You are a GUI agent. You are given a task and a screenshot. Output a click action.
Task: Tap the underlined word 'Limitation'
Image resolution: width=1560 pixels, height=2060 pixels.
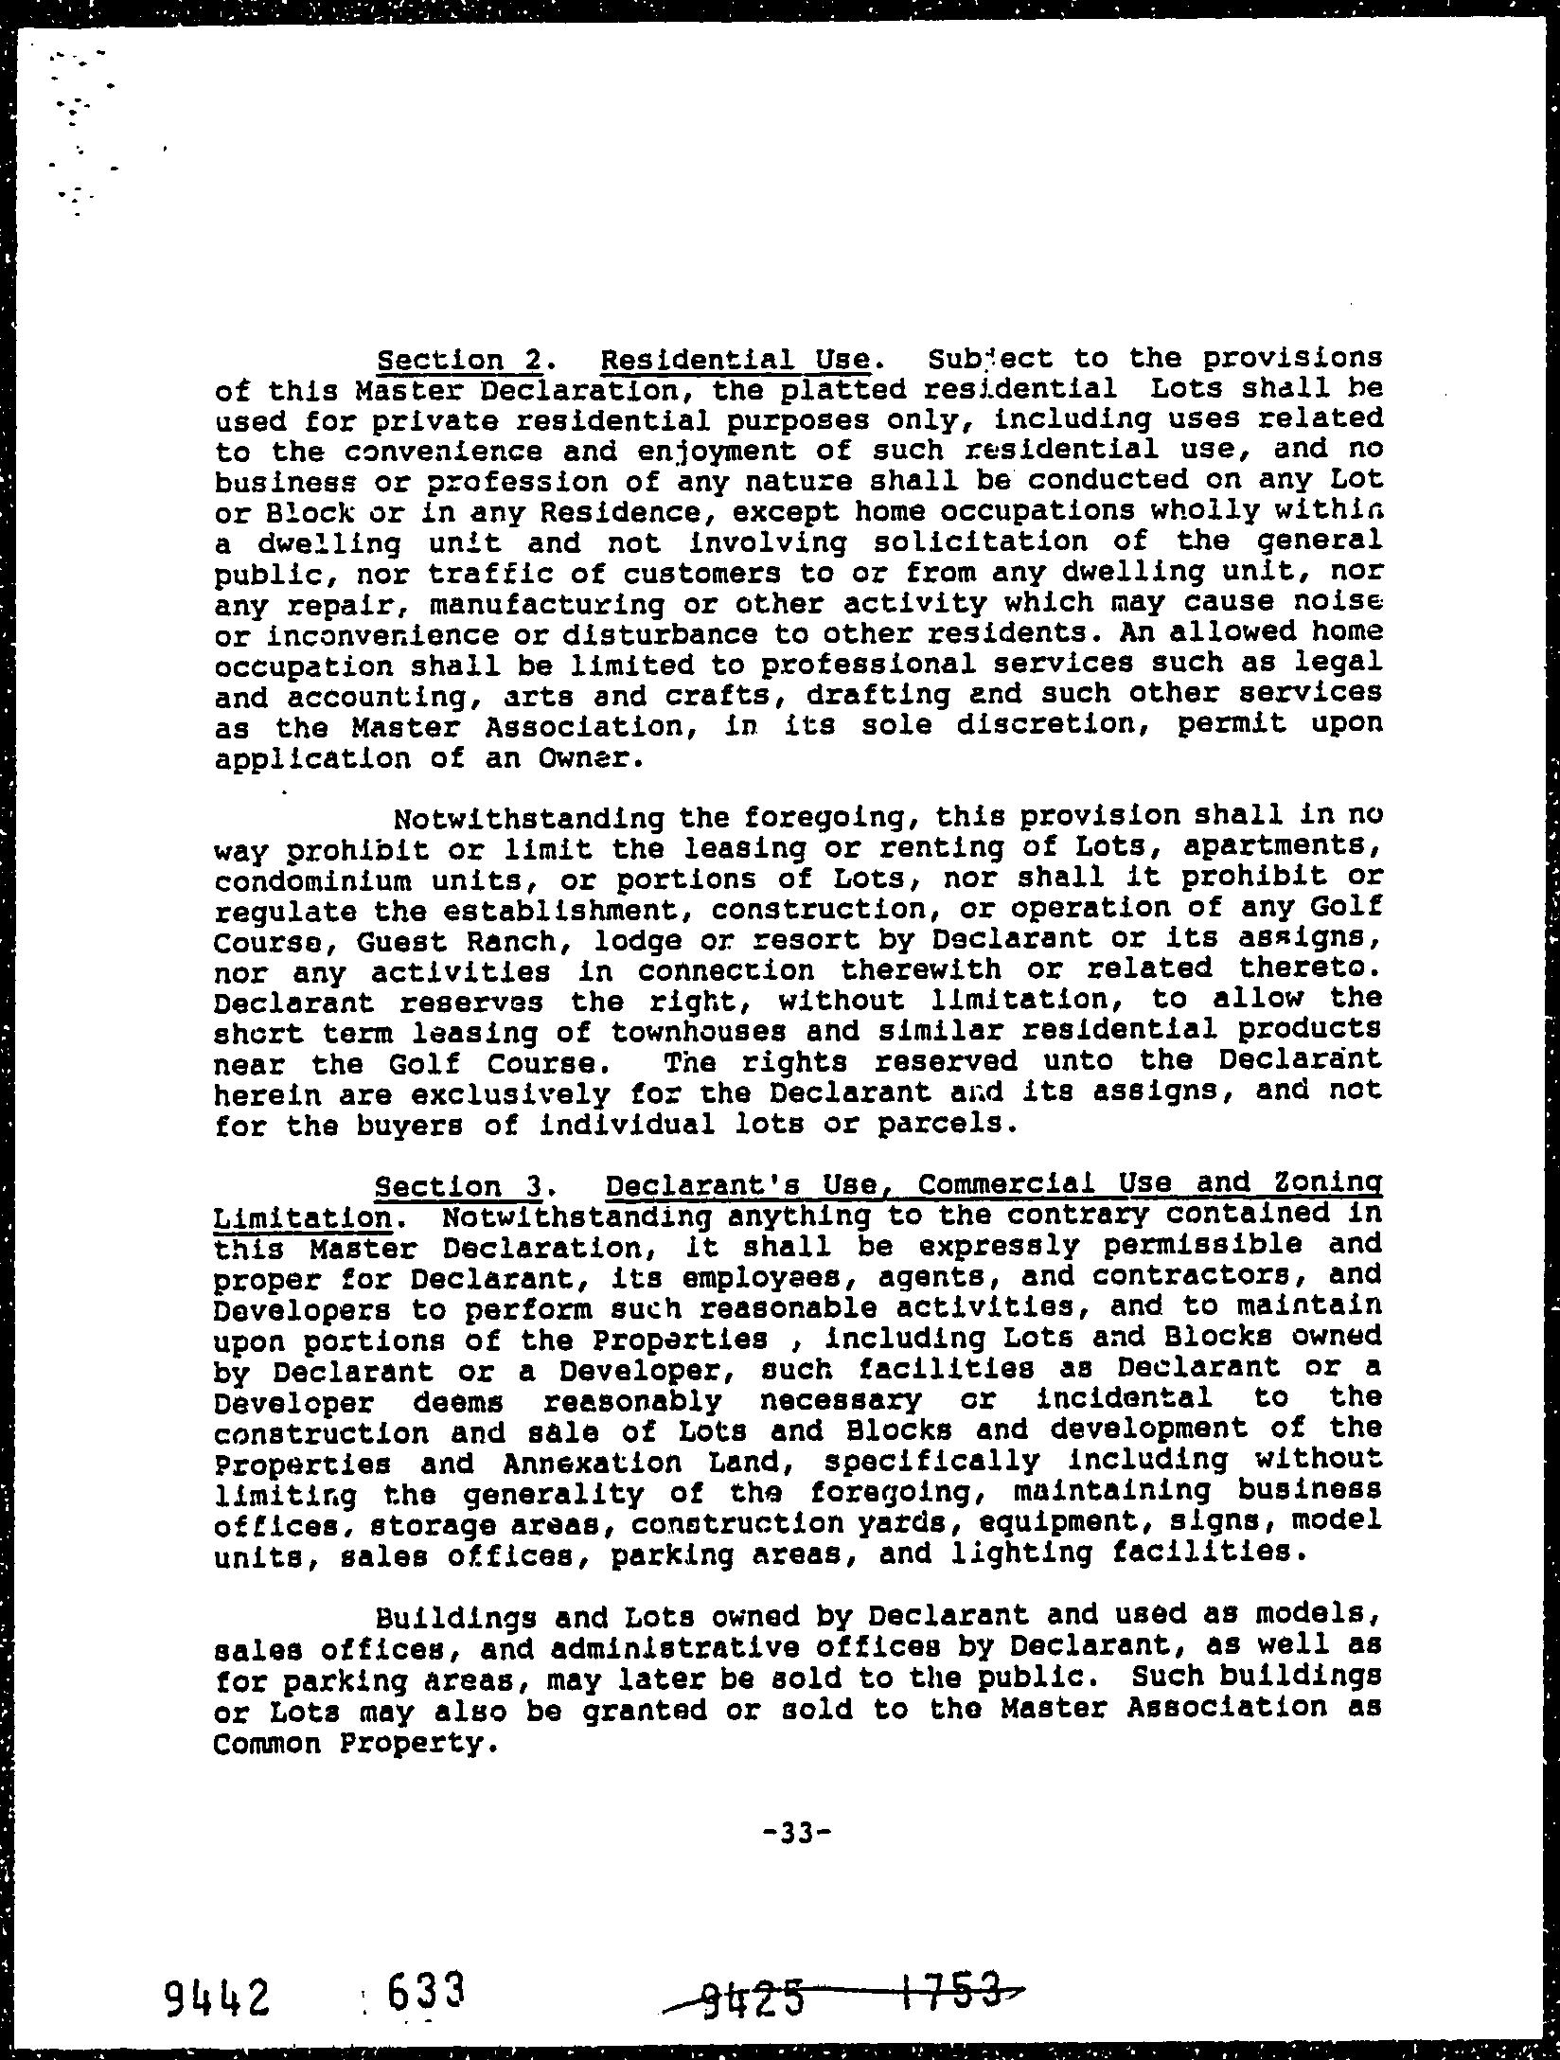click(x=303, y=1217)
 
